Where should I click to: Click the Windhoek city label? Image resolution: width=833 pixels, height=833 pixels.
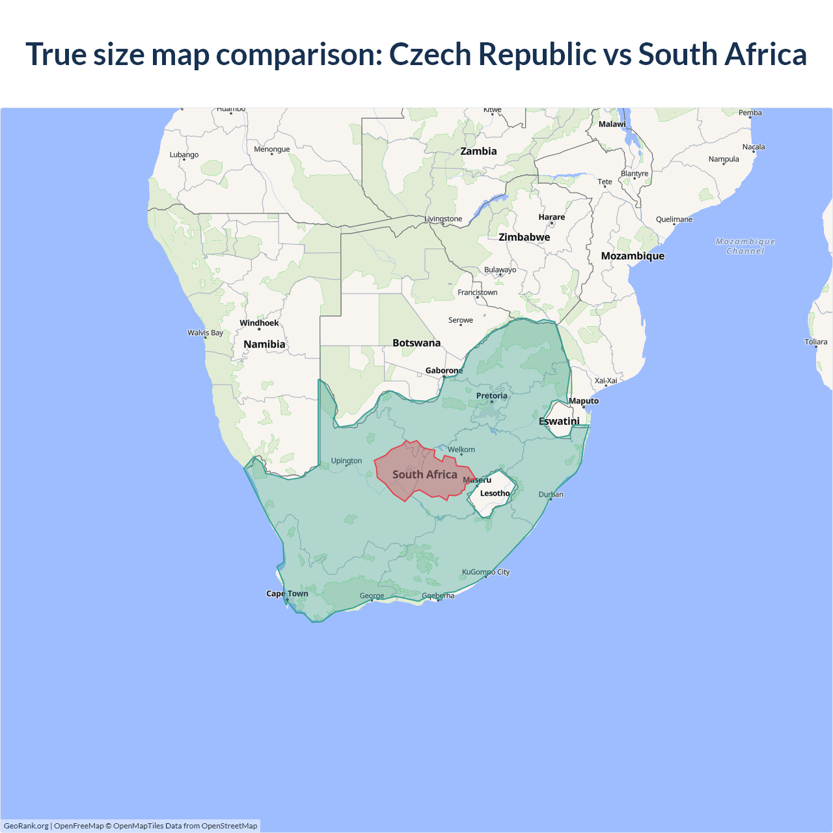click(x=259, y=323)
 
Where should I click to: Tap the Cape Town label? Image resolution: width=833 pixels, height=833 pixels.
click(x=287, y=594)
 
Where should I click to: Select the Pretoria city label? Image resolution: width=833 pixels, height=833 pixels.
click(x=491, y=396)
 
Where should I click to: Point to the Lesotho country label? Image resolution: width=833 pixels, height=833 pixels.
click(x=495, y=493)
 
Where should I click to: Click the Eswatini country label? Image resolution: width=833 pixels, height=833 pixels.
click(x=559, y=421)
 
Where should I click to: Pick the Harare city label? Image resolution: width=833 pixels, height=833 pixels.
click(x=551, y=217)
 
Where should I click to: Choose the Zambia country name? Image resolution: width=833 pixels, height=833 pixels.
click(x=478, y=151)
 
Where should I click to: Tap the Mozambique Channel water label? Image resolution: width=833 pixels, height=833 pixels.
click(x=745, y=246)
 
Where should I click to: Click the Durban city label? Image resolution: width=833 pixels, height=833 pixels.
click(x=551, y=495)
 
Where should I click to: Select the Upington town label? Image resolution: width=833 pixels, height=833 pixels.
click(x=346, y=461)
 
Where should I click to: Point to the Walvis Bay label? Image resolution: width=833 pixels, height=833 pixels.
click(x=205, y=333)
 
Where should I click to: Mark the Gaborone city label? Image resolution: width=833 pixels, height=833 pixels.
click(x=444, y=370)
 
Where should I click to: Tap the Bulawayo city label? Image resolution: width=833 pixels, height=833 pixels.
click(x=500, y=269)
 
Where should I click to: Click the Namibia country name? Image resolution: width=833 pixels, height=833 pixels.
click(x=264, y=344)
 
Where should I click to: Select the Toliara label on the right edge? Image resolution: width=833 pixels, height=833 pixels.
click(x=815, y=342)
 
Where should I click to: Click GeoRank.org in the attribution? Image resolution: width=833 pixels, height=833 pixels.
click(x=26, y=826)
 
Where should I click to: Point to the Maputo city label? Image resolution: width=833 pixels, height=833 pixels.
click(x=583, y=401)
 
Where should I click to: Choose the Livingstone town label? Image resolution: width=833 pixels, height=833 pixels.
click(x=443, y=219)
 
